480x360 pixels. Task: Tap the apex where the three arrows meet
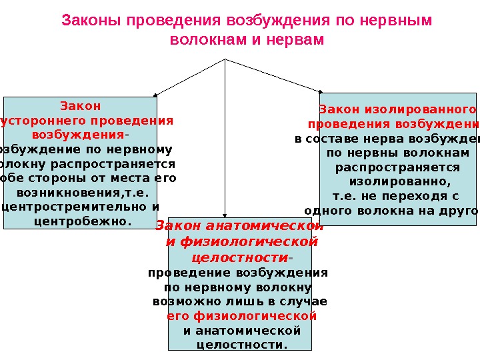226,59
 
